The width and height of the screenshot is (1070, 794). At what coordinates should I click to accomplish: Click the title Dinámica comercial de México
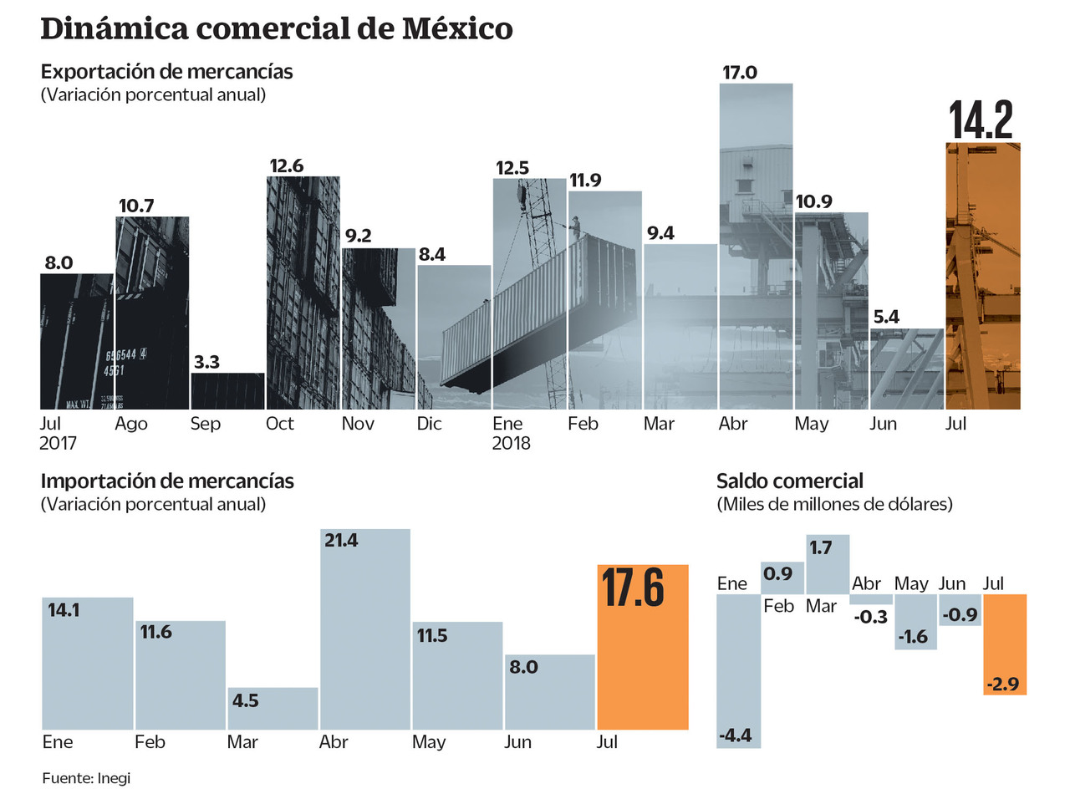click(276, 29)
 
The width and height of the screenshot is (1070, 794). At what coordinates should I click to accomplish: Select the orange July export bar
click(982, 276)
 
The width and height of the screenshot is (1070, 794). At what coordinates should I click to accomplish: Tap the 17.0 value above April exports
click(739, 73)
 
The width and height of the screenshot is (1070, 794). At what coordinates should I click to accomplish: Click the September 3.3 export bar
click(227, 391)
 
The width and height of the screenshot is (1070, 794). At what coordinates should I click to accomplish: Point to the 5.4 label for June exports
click(886, 318)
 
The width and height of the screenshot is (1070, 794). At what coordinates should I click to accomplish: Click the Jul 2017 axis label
click(59, 433)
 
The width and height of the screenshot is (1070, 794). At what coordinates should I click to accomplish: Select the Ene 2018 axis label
click(511, 433)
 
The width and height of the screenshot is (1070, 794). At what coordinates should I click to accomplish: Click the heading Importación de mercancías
click(167, 481)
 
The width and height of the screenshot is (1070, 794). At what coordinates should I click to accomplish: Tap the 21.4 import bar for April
click(364, 629)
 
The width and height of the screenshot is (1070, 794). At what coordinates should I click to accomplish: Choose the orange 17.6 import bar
click(643, 647)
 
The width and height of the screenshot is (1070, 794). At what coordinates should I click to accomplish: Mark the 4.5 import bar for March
click(273, 708)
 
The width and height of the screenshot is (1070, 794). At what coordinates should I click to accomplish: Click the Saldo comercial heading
click(789, 481)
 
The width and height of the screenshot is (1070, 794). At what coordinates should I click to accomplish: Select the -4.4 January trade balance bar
click(739, 670)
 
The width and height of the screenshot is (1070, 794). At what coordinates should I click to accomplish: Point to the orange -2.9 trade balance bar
click(1005, 644)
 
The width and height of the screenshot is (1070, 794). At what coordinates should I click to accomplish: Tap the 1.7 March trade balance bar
click(828, 564)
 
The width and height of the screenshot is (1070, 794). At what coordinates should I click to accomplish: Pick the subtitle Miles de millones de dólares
click(834, 505)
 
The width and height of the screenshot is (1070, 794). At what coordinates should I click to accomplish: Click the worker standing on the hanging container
click(575, 226)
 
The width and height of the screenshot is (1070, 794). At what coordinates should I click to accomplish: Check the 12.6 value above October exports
click(286, 165)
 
